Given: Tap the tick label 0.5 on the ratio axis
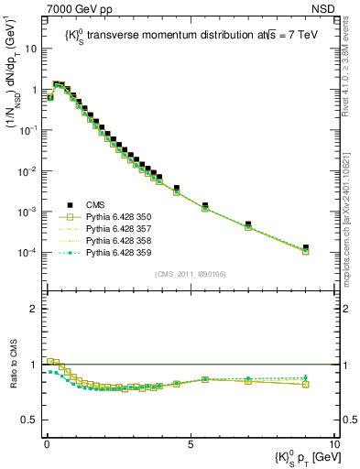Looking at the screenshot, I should tap(32, 420).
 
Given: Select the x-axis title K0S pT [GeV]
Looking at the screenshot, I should tap(295, 457).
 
